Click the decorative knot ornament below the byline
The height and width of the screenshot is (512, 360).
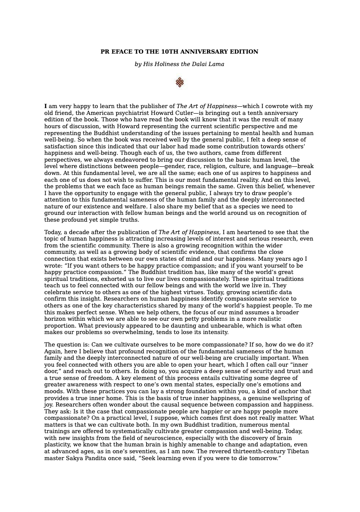pos(180,82)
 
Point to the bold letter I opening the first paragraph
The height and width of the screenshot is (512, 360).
pos(45,106)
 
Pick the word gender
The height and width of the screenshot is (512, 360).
pos(192,166)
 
